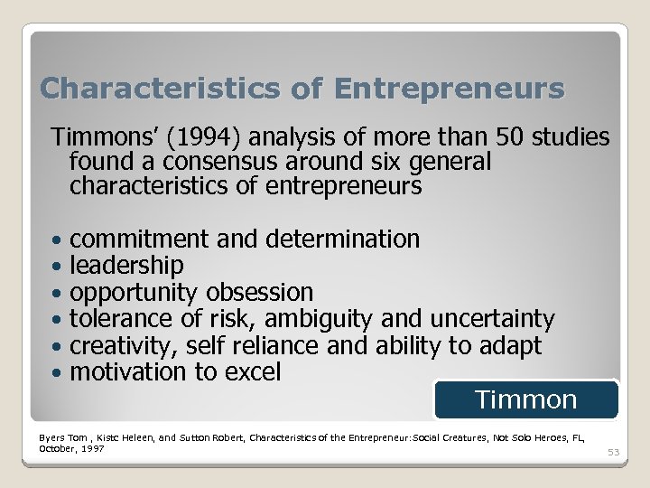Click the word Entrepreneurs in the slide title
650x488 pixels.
click(449, 89)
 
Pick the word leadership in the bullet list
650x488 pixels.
click(126, 266)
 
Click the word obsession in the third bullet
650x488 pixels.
click(259, 292)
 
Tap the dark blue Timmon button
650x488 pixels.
click(525, 399)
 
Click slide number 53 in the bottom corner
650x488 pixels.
click(614, 452)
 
